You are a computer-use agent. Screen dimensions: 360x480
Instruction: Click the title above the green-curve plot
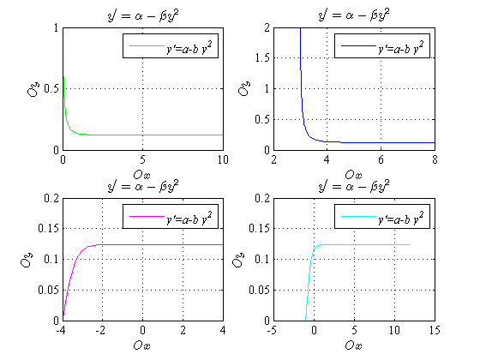[142, 15]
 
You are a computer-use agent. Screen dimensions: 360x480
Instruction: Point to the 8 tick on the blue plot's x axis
[435, 159]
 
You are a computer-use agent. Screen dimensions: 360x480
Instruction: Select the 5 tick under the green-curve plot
[142, 159]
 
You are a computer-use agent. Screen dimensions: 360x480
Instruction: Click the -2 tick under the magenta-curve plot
[102, 330]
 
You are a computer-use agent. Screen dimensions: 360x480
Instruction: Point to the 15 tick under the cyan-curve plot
[434, 330]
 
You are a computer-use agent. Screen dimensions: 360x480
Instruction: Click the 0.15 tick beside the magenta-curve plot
[46, 229]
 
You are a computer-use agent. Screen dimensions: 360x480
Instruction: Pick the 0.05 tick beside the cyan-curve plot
[258, 290]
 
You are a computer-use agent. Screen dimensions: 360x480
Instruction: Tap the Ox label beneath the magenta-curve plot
[142, 345]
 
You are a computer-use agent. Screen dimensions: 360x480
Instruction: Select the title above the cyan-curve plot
[354, 185]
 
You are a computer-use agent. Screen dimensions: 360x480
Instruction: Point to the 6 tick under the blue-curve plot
[381, 159]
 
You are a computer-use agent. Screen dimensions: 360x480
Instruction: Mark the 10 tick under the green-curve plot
[222, 159]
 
